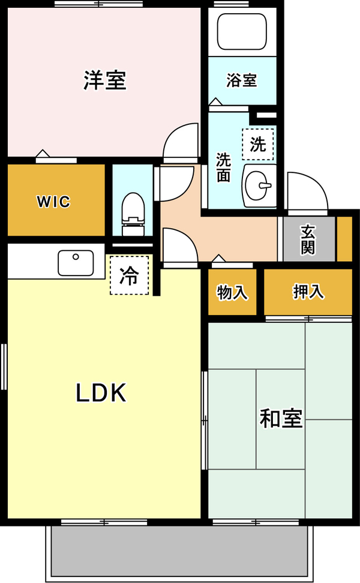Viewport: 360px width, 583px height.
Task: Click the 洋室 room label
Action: pyautogui.click(x=105, y=80)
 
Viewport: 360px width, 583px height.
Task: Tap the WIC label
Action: pyautogui.click(x=53, y=202)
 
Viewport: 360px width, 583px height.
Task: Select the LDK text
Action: pyautogui.click(x=101, y=393)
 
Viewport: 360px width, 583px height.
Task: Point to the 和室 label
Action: pyautogui.click(x=281, y=418)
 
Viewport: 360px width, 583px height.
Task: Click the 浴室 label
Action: pyautogui.click(x=241, y=80)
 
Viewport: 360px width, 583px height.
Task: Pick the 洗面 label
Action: pyautogui.click(x=224, y=168)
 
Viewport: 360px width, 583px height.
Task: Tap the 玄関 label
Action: pyautogui.click(x=308, y=240)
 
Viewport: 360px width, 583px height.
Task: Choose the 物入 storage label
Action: pyautogui.click(x=232, y=292)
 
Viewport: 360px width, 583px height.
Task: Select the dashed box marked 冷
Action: pyautogui.click(x=129, y=276)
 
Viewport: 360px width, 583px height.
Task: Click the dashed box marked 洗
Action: pyautogui.click(x=258, y=144)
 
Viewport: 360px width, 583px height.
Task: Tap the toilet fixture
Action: pyautogui.click(x=133, y=214)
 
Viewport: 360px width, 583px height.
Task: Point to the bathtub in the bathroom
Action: pyautogui.click(x=242, y=32)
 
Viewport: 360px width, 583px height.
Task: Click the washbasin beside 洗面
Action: pyautogui.click(x=259, y=186)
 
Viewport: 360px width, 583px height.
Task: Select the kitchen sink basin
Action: pyautogui.click(x=76, y=263)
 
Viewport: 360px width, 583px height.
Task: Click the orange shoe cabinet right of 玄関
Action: pyautogui.click(x=344, y=239)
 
